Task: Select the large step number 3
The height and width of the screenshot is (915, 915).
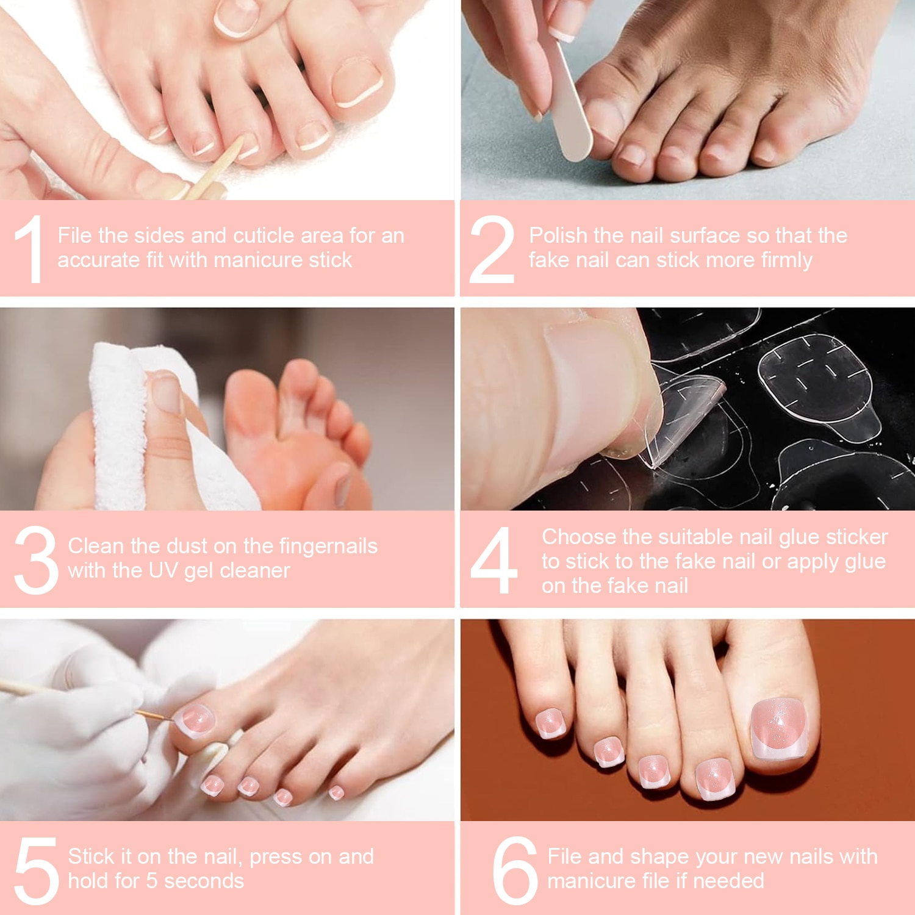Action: click(x=36, y=560)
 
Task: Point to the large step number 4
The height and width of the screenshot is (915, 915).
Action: click(x=494, y=560)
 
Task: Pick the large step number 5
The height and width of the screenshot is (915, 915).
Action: click(x=37, y=870)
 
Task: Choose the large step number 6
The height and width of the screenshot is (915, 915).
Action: click(x=515, y=870)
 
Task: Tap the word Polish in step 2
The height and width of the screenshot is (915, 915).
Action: click(x=558, y=235)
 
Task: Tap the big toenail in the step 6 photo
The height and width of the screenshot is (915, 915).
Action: click(x=779, y=728)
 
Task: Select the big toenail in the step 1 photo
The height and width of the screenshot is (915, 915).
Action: click(x=357, y=82)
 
